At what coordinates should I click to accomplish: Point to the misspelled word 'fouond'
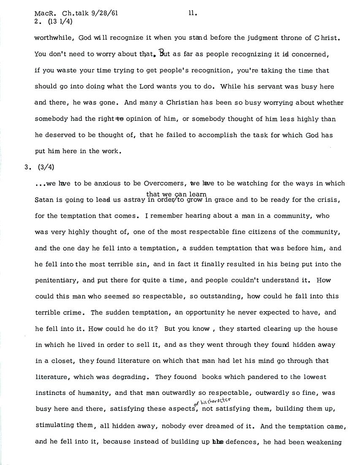click(183, 376)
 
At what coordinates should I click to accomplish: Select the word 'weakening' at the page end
click(326, 442)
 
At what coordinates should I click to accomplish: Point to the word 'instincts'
click(51, 393)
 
